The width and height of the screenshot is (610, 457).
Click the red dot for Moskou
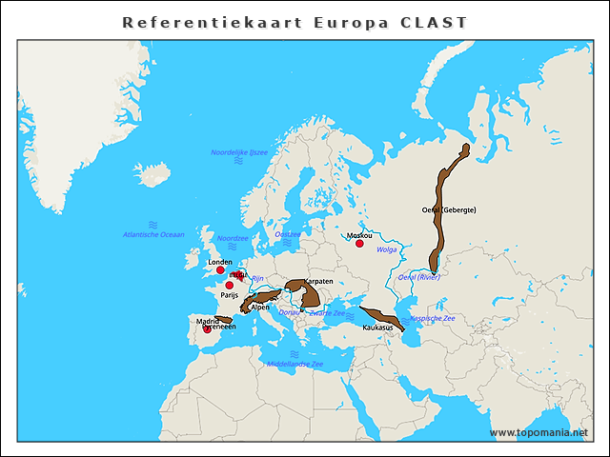[359, 244]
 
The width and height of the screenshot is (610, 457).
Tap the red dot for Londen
[220, 270]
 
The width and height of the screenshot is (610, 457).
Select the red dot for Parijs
[229, 285]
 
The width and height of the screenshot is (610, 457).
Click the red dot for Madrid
[207, 329]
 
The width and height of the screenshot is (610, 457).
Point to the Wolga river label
[387, 250]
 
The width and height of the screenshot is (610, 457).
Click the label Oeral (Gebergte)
[448, 209]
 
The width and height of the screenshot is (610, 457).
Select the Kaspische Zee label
[432, 318]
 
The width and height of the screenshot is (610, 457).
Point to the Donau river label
[289, 312]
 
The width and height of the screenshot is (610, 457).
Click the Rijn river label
[256, 278]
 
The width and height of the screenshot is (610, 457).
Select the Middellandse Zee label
[295, 364]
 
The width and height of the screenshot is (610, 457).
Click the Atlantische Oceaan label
[153, 234]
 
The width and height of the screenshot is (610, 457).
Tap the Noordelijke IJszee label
[239, 152]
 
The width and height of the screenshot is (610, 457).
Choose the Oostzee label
[287, 233]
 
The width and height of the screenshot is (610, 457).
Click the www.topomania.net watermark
[539, 432]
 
